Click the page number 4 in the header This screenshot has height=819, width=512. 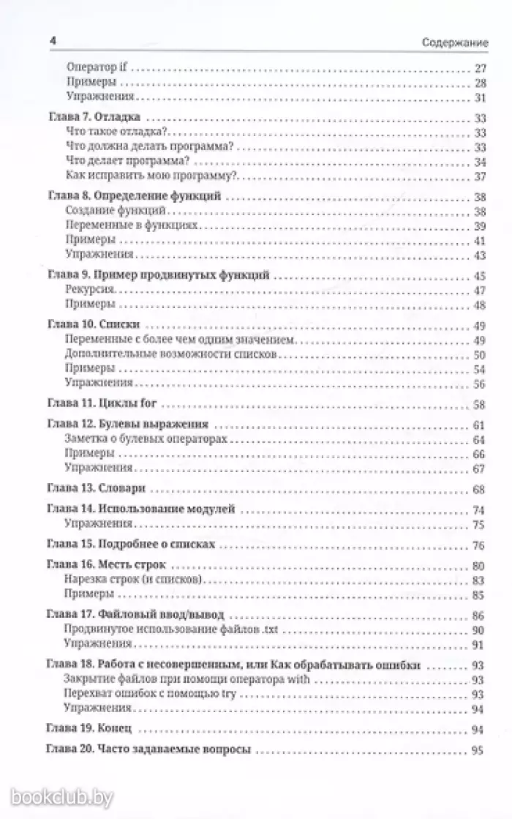(51, 42)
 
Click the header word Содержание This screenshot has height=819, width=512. (455, 42)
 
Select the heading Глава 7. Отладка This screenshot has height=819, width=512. (94, 118)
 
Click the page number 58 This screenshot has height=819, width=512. (480, 404)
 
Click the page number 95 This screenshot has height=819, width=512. (480, 750)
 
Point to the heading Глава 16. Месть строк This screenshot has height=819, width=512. (106, 566)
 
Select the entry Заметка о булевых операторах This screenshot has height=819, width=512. (146, 439)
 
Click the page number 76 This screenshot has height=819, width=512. (480, 545)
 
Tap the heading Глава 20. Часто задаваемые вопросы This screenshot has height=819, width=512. (148, 750)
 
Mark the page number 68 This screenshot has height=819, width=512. (480, 489)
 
